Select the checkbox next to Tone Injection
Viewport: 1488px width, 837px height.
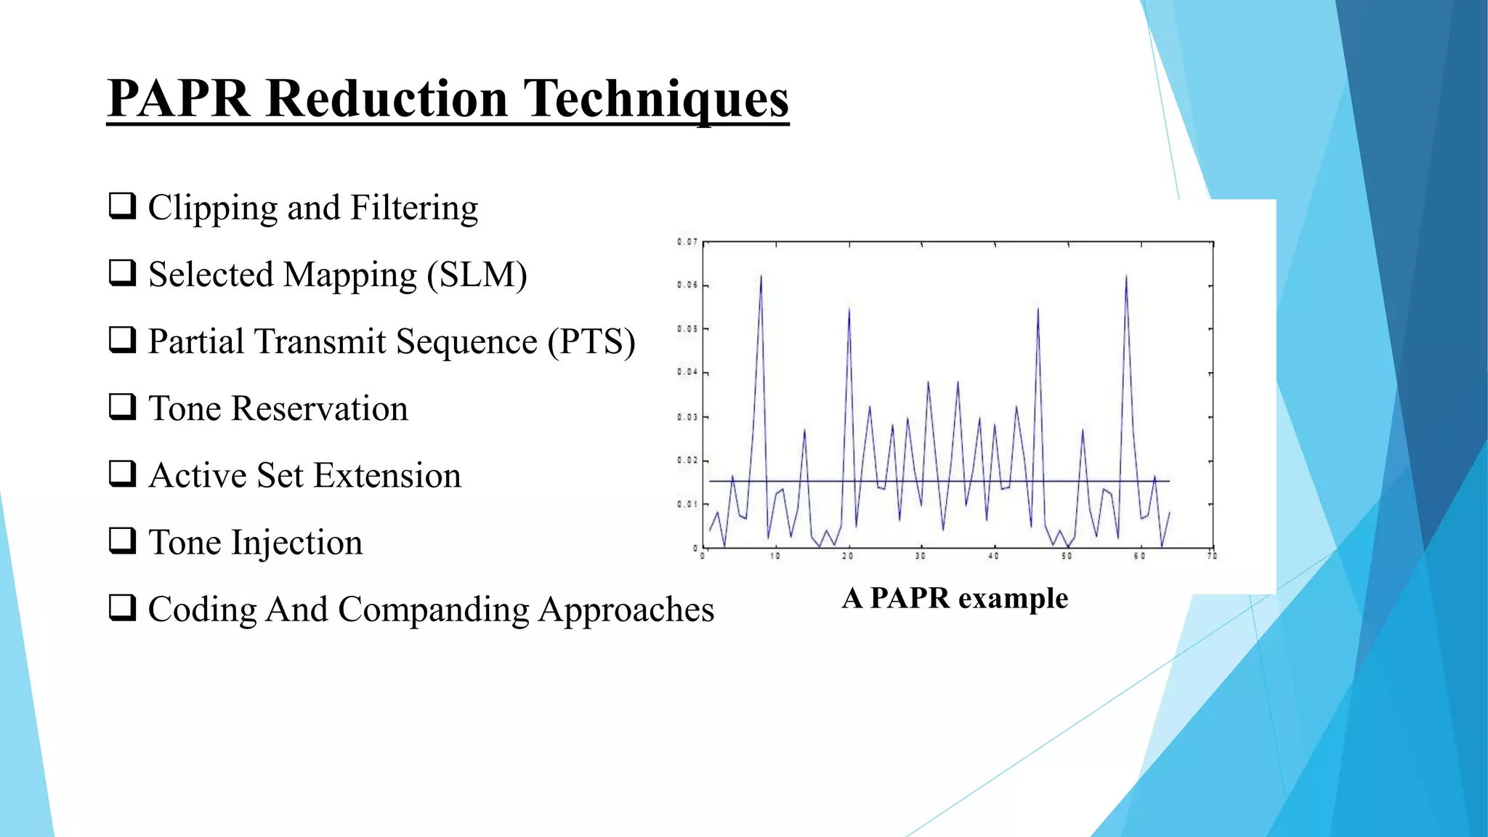pos(122,541)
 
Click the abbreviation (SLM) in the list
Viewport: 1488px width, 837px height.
pos(477,275)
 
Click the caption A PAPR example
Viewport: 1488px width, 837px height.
pos(955,599)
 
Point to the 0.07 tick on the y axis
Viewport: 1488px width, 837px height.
pos(687,242)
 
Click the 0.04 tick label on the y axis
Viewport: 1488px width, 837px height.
pos(687,373)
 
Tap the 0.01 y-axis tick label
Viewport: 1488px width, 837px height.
pos(687,504)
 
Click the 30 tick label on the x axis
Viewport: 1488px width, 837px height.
pos(921,557)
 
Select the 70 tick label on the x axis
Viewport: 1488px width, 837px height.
pos(1212,557)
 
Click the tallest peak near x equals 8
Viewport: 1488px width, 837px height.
pos(761,277)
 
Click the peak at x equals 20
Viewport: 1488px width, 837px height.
pos(849,310)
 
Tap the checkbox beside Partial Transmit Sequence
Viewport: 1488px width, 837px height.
pos(122,339)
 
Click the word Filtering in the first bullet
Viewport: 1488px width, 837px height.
pos(414,209)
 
